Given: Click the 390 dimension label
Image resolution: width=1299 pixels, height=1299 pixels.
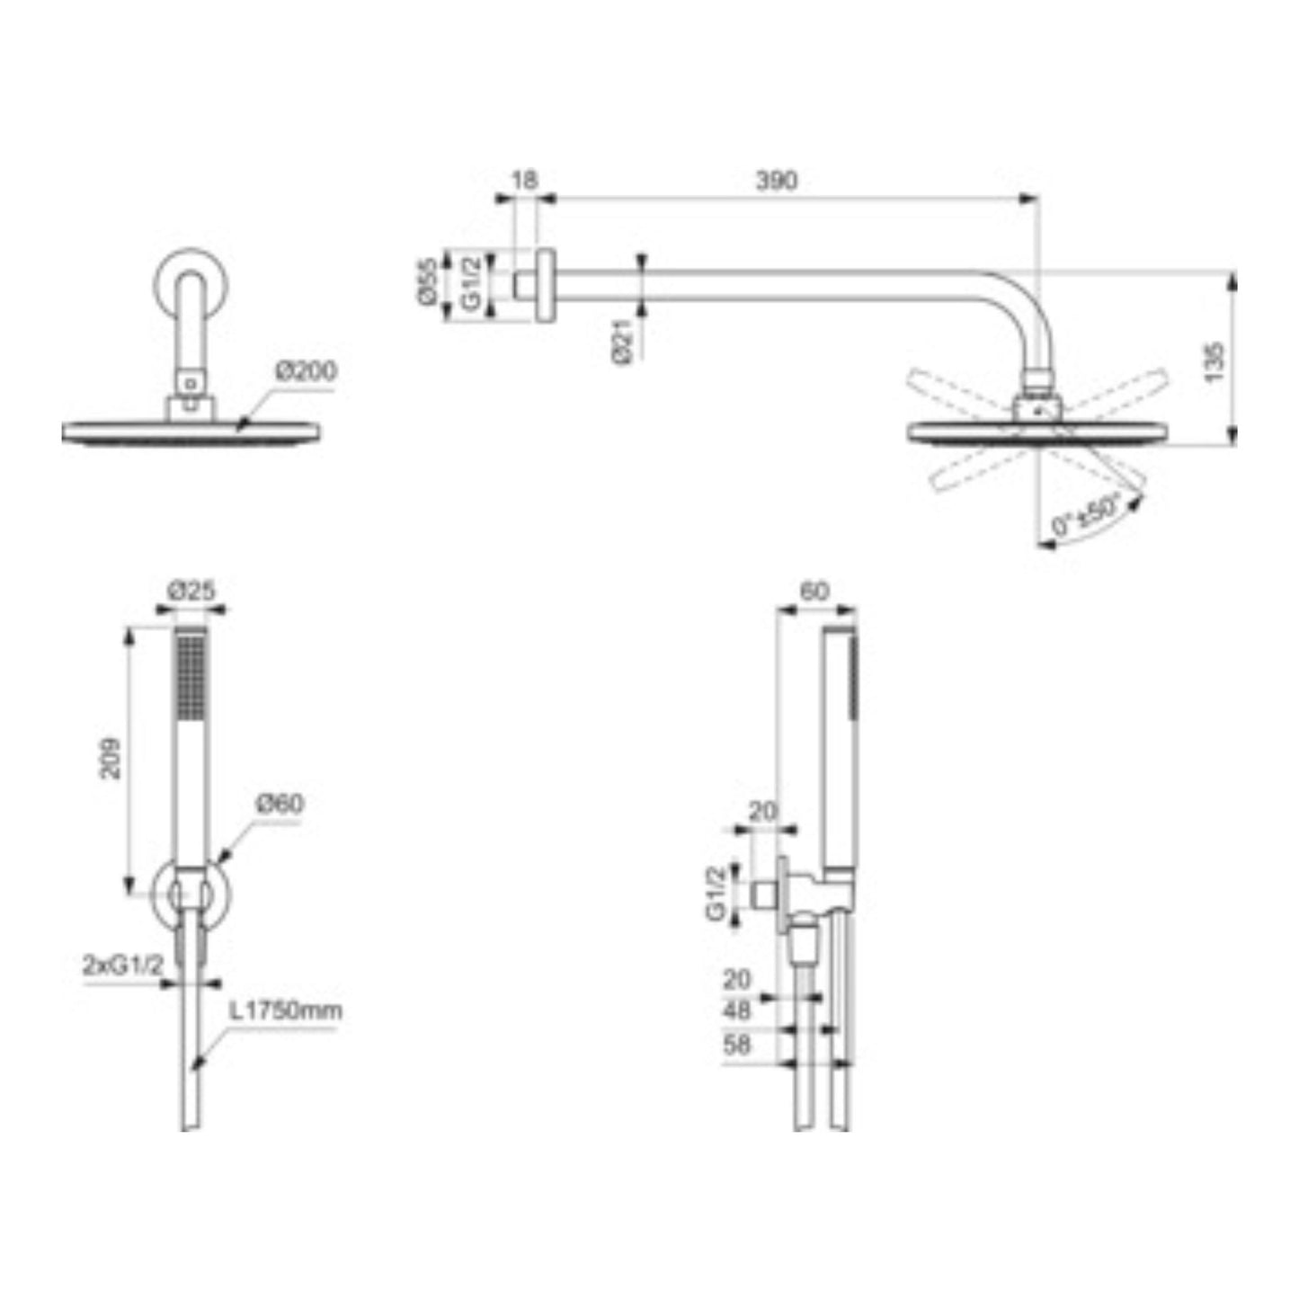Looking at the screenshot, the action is pyautogui.click(x=776, y=182).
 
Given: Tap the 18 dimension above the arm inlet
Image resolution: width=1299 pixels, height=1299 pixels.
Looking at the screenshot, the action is pyautogui.click(x=525, y=181).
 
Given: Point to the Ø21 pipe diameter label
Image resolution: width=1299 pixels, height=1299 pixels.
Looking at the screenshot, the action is pyautogui.click(x=621, y=343).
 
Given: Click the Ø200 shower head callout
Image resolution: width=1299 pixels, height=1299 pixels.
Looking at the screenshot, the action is pyautogui.click(x=306, y=371).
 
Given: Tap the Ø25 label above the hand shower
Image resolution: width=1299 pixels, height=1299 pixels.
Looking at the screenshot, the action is pyautogui.click(x=191, y=592).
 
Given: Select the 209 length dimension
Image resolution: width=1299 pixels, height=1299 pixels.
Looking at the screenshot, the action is pyautogui.click(x=110, y=759).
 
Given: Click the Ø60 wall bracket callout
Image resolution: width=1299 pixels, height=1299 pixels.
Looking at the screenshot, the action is pyautogui.click(x=280, y=804).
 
